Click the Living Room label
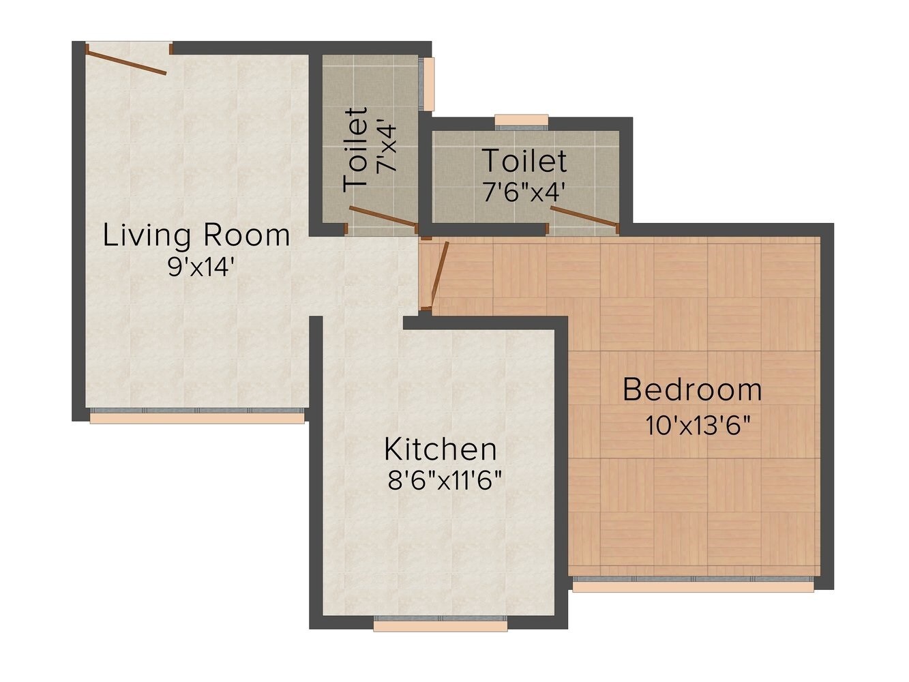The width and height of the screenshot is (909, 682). pyautogui.click(x=196, y=236)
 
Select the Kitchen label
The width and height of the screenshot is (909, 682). pyautogui.click(x=440, y=450)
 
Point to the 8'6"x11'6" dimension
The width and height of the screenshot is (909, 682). pyautogui.click(x=445, y=481)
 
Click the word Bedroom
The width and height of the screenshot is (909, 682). pyautogui.click(x=692, y=390)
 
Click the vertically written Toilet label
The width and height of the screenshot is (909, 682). pyautogui.click(x=357, y=149)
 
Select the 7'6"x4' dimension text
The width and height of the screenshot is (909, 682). pyautogui.click(x=524, y=193)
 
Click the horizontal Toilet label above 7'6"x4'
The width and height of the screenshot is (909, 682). pyautogui.click(x=524, y=162)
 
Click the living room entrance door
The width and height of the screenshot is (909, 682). pyautogui.click(x=126, y=60)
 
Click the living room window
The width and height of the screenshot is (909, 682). pyautogui.click(x=197, y=415)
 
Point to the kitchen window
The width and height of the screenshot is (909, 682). pyautogui.click(x=441, y=624)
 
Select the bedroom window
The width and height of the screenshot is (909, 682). pyautogui.click(x=693, y=584)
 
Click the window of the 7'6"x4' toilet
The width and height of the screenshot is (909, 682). pyautogui.click(x=522, y=122)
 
